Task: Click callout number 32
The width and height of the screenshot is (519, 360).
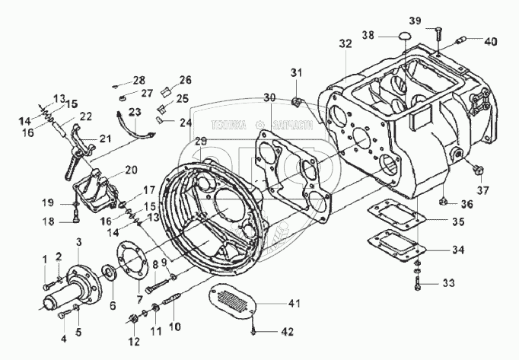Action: click(345, 45)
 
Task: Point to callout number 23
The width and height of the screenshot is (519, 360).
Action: click(134, 113)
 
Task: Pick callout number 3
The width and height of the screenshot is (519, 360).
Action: click(78, 241)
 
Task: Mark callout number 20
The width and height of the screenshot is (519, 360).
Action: click(131, 170)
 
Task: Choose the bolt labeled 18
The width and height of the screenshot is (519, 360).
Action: click(75, 221)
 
